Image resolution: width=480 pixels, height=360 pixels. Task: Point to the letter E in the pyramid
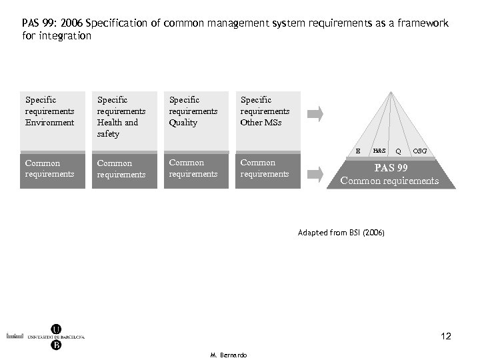point(358,151)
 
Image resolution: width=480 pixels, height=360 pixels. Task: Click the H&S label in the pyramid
point(379,151)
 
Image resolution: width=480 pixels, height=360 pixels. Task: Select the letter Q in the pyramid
point(399,151)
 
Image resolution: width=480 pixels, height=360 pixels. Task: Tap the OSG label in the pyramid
point(420,151)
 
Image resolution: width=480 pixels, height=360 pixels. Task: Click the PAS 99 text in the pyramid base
point(390,167)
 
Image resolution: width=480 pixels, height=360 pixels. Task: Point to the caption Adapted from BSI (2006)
point(341,233)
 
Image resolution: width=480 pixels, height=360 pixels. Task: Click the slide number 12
point(446,337)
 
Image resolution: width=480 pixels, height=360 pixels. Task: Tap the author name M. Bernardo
point(228,355)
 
